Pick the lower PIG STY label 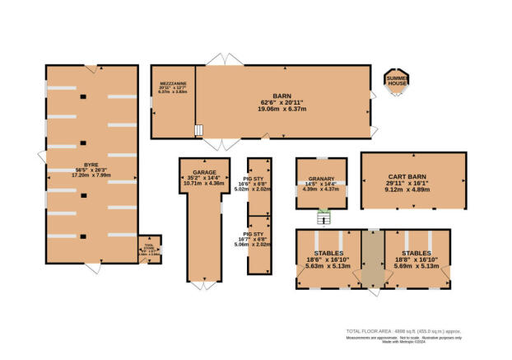258,234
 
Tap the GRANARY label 320,180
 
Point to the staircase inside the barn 198,130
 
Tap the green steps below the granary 323,217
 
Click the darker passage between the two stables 373,259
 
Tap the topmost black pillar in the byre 83,97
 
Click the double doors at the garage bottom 201,290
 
